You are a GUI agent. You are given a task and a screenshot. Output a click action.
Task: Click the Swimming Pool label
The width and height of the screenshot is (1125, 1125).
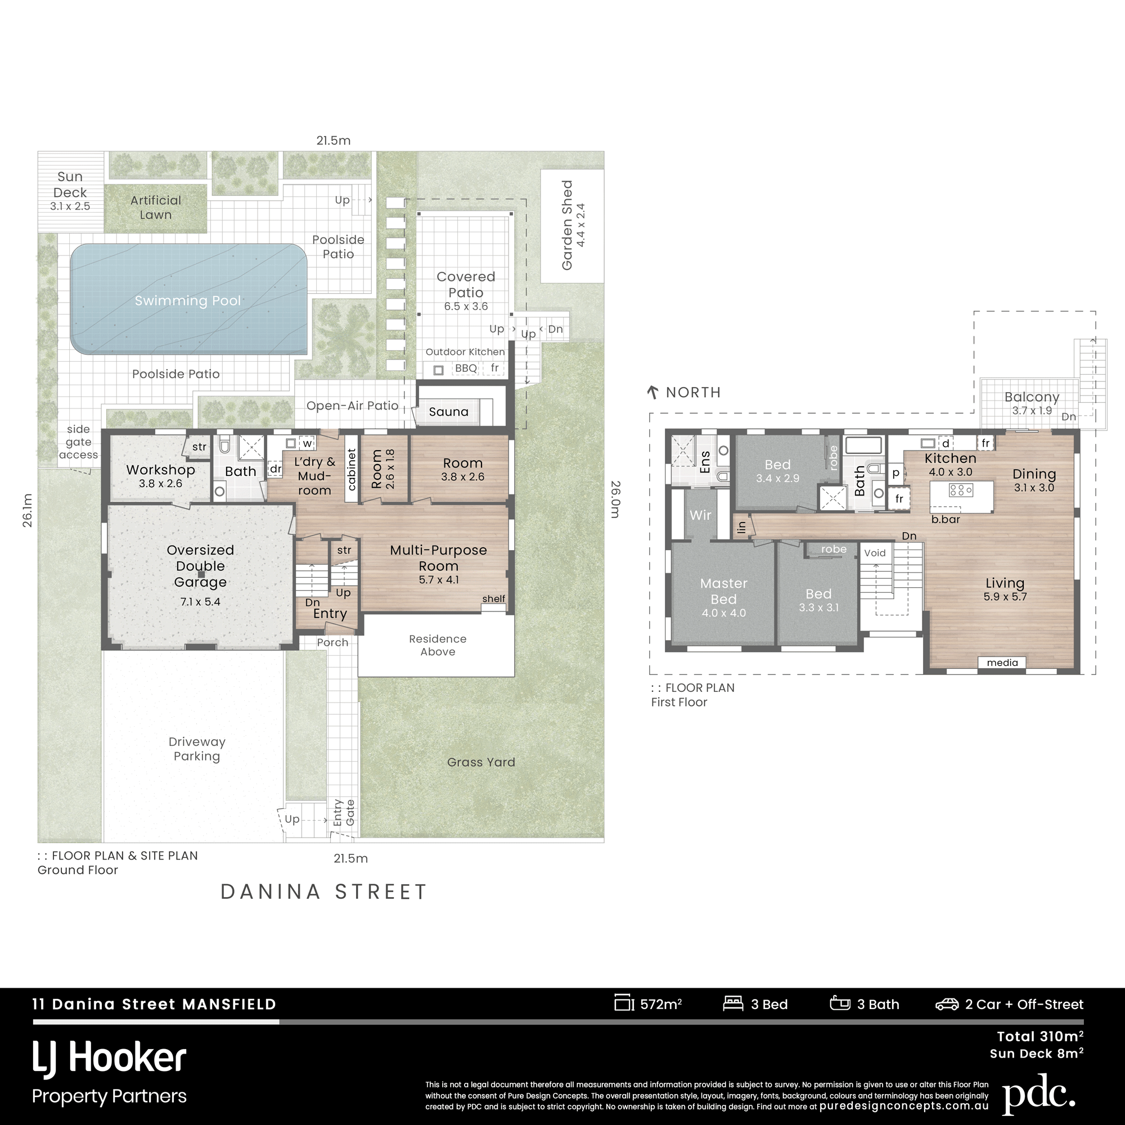(x=187, y=300)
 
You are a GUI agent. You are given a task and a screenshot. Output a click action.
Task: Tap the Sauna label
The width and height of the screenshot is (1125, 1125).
(x=448, y=412)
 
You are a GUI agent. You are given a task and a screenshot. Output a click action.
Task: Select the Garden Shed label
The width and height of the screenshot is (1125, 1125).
(x=567, y=226)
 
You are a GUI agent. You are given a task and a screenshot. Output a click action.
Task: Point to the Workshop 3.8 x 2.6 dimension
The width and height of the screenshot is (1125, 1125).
(x=160, y=483)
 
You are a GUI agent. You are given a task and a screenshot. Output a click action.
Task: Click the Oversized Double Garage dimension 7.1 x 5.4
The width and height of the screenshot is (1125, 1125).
(x=200, y=601)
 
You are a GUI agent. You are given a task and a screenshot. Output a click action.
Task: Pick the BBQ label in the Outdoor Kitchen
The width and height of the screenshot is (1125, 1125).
(x=466, y=368)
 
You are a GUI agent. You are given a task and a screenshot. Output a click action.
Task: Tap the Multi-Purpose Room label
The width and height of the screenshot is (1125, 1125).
(x=439, y=558)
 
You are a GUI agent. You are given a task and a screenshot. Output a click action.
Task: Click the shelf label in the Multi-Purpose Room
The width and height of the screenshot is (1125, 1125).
(x=493, y=598)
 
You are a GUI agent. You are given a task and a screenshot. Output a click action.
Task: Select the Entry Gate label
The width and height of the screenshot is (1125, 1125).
(x=344, y=812)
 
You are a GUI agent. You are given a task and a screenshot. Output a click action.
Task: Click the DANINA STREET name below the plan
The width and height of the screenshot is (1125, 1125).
(x=324, y=892)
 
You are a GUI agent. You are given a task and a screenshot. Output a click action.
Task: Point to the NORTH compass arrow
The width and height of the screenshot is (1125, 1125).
(x=652, y=392)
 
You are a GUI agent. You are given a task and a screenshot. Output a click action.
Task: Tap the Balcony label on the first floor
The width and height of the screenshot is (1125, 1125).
(x=1032, y=397)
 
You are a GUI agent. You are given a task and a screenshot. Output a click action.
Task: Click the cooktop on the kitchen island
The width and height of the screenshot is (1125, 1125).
(x=961, y=490)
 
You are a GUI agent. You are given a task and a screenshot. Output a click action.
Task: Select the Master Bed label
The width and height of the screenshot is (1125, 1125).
(x=724, y=591)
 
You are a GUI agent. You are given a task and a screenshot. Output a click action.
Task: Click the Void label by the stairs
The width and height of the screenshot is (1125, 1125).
(x=875, y=552)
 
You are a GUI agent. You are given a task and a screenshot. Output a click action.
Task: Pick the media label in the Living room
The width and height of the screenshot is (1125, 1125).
(x=1002, y=663)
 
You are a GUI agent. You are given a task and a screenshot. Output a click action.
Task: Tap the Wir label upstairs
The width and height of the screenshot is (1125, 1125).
(x=700, y=515)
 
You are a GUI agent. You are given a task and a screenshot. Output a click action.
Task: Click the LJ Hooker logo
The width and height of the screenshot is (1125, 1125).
(x=110, y=1059)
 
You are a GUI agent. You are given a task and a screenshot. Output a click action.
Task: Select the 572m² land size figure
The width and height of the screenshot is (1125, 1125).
(x=661, y=1005)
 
